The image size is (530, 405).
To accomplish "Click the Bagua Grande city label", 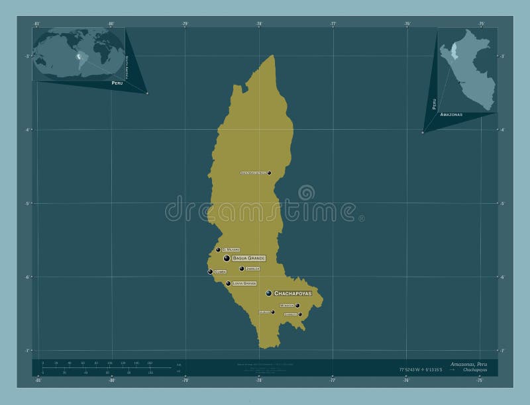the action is (x=248, y=258).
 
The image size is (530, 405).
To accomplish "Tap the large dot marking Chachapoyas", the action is (x=269, y=293).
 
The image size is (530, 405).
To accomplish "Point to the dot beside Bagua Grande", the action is (x=227, y=258).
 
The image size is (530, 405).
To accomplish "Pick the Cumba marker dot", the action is (x=211, y=271).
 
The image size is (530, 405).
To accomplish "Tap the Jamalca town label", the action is (x=252, y=269).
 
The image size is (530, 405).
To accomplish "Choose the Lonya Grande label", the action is (x=244, y=283).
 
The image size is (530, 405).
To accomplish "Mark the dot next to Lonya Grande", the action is (x=229, y=284).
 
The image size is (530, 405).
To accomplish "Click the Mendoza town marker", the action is (x=297, y=306).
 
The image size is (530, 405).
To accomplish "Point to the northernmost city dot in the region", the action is (x=269, y=173).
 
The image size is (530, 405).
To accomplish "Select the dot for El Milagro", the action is (x=218, y=250).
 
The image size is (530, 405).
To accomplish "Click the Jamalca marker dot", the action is (x=242, y=269).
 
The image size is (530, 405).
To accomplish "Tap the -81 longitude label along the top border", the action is (x=38, y=24).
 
